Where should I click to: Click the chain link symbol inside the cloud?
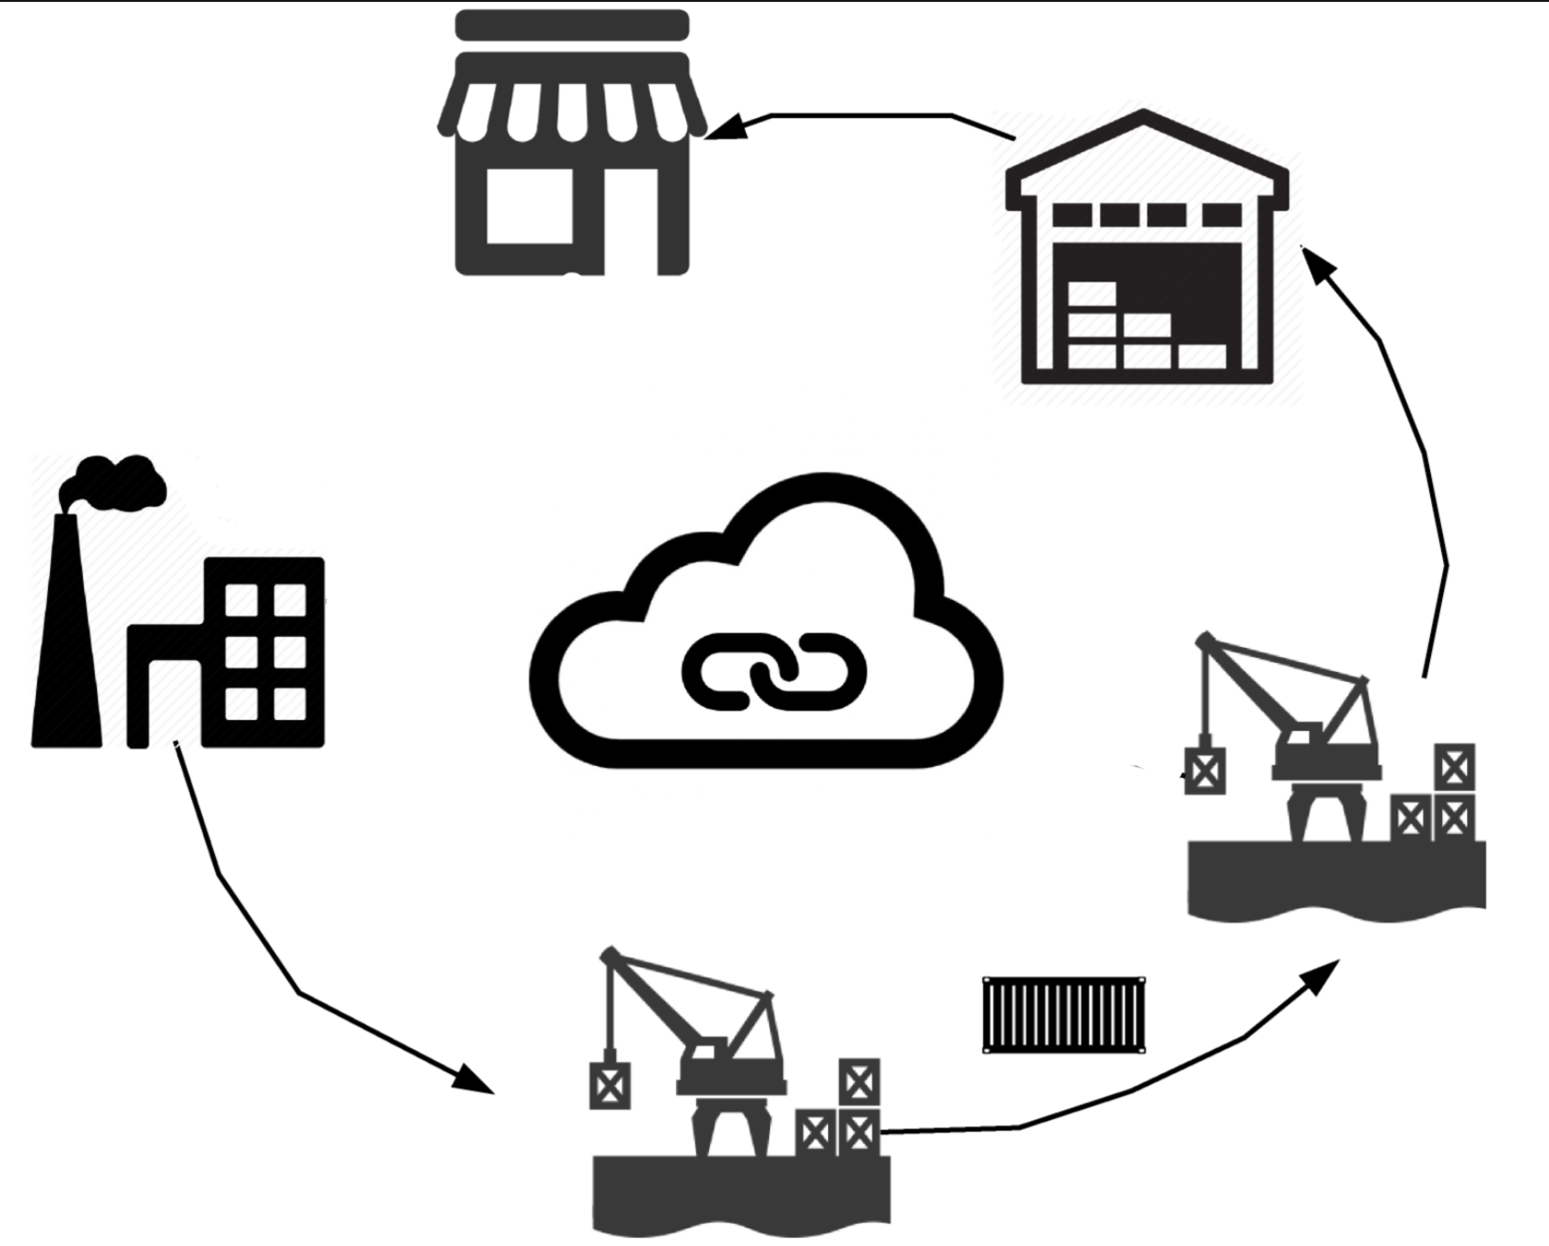tap(774, 671)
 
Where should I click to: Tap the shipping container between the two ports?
tap(1063, 1014)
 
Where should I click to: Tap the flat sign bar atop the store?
tap(572, 25)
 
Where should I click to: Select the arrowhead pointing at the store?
tap(726, 126)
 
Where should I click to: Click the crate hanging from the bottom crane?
tap(609, 1085)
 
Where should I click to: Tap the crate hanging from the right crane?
tap(1204, 771)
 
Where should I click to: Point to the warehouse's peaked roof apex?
tap(1145, 117)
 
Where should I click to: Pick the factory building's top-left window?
tap(242, 600)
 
